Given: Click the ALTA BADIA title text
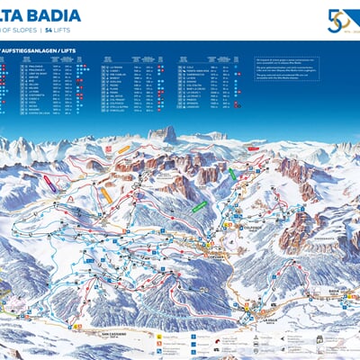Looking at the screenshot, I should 40,15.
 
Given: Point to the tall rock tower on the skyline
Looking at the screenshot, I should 167,134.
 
